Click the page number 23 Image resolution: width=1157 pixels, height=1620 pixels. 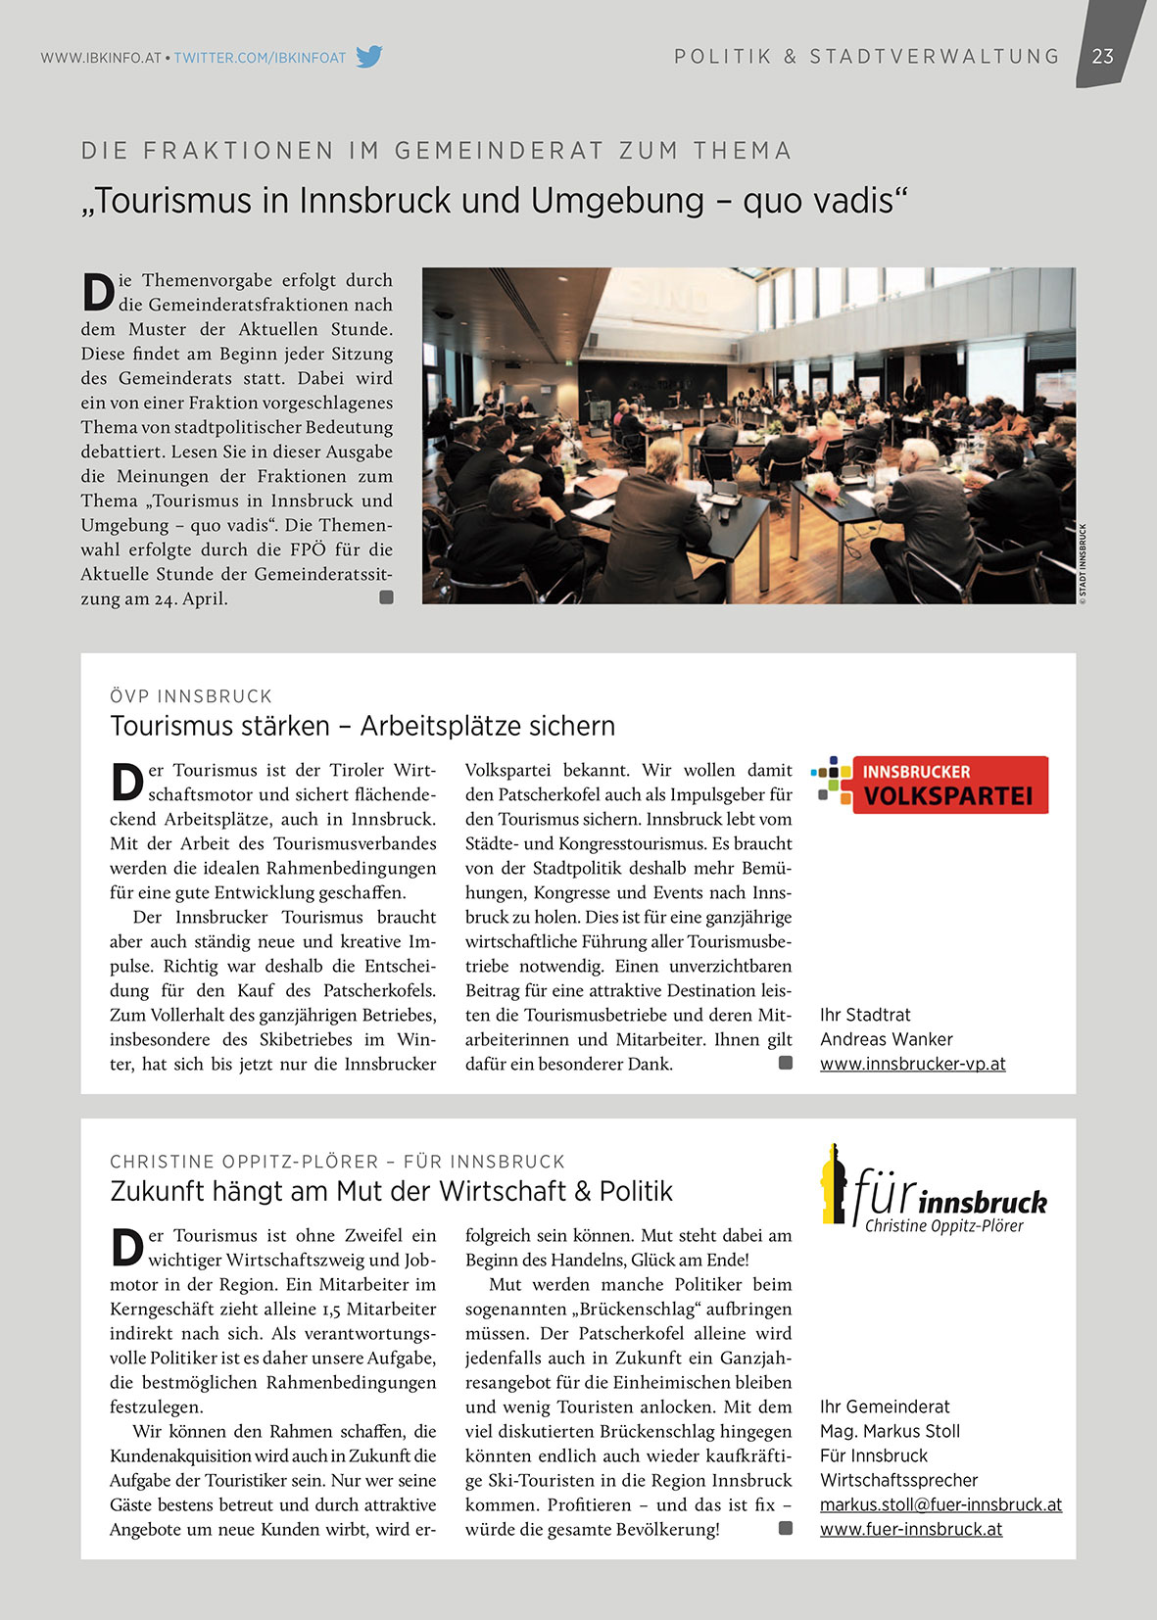tap(1103, 56)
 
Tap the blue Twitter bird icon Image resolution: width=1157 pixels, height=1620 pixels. tap(368, 57)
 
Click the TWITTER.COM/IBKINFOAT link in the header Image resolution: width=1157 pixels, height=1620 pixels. tap(260, 58)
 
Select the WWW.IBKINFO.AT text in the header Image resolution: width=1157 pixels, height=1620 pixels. tap(101, 58)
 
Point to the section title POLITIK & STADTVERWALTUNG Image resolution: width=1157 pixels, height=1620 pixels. tap(867, 57)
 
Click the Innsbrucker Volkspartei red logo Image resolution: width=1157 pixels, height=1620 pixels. tap(931, 785)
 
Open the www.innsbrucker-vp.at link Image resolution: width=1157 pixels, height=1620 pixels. tap(912, 1064)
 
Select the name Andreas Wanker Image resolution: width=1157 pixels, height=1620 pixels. tap(886, 1039)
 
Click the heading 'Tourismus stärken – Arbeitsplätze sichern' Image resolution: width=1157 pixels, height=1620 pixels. tap(362, 726)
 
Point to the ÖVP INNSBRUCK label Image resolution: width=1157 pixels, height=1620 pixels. tap(191, 696)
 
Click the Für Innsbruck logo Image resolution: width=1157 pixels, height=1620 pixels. tap(934, 1189)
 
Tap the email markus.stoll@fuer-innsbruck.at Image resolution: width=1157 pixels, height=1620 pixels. tap(940, 1504)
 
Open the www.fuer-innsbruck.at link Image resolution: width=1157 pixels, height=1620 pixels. tap(911, 1529)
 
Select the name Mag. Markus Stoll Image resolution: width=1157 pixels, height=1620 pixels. tap(890, 1431)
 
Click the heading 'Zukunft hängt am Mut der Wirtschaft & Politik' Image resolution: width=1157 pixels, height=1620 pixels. tap(391, 1191)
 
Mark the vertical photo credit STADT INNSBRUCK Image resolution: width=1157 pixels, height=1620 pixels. tap(1083, 564)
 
